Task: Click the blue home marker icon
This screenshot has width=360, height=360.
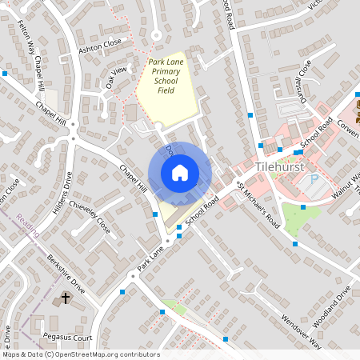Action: pos(180,172)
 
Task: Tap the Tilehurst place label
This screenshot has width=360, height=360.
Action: pos(279,166)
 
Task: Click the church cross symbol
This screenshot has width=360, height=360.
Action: pos(66,299)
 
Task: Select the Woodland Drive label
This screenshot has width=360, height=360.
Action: pos(333,305)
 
